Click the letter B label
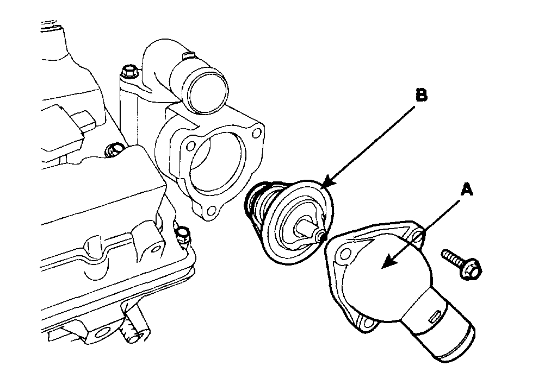point(422,96)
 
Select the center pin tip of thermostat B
point(321,236)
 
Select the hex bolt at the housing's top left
point(128,71)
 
